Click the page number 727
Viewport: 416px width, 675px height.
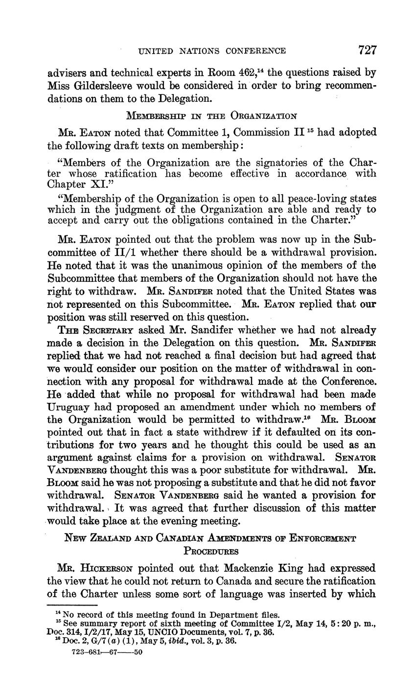[x=367, y=50]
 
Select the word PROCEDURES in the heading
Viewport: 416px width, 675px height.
[x=211, y=551]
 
